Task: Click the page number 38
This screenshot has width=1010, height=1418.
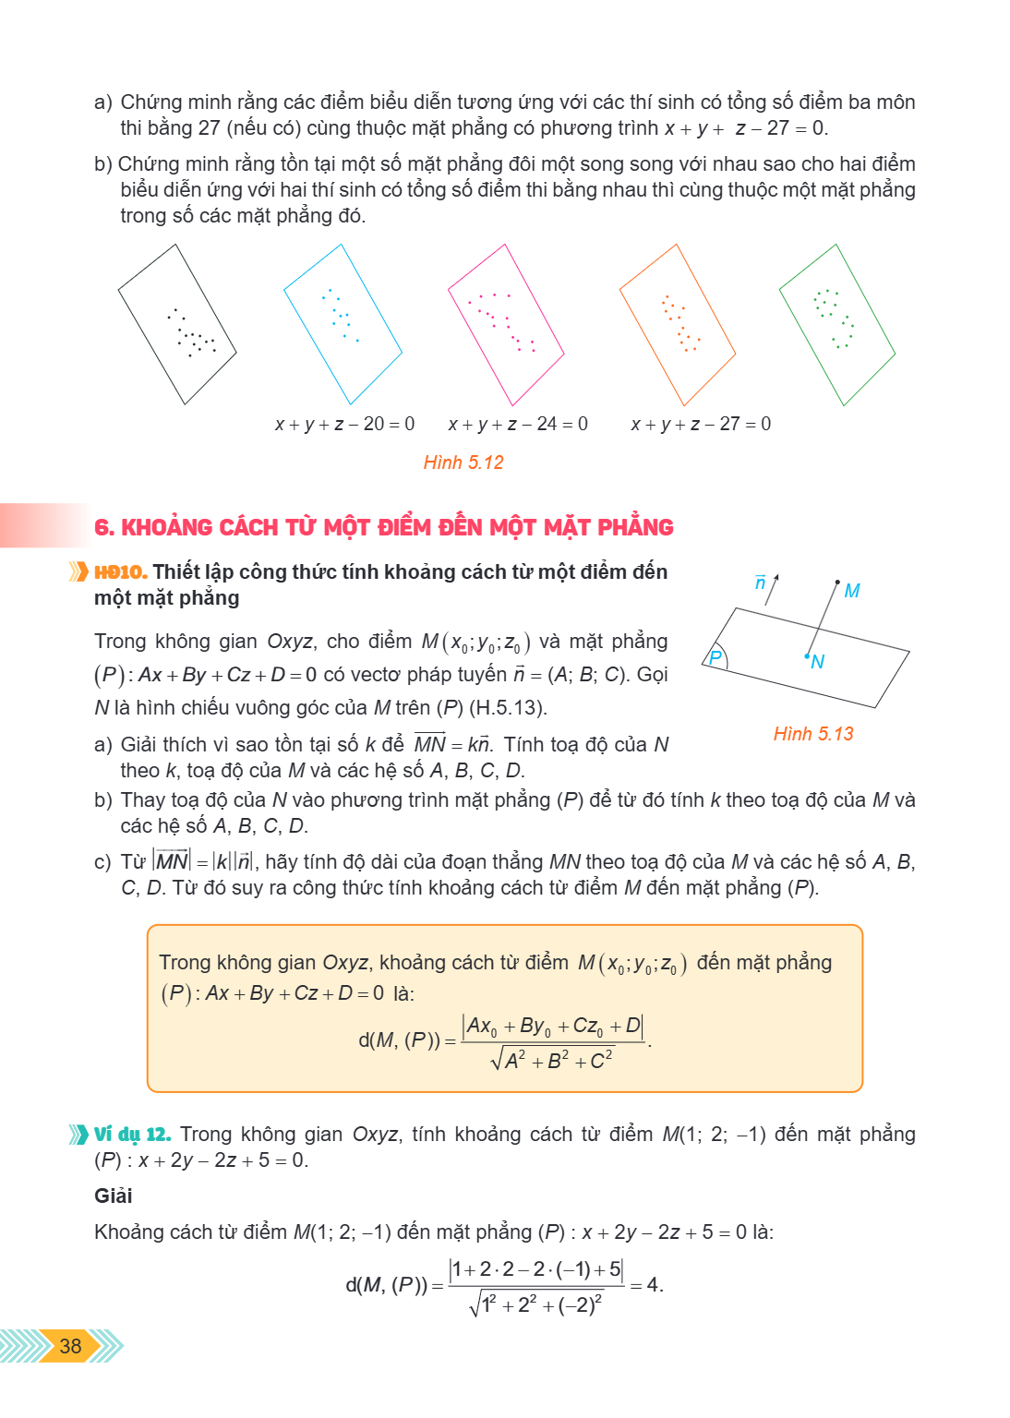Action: [x=70, y=1346]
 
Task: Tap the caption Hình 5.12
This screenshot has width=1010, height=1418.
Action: [x=463, y=463]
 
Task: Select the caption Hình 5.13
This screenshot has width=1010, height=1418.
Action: [x=813, y=734]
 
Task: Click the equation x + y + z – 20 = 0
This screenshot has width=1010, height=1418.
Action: [x=344, y=424]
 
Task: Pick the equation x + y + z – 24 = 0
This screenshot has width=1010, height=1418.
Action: [x=518, y=424]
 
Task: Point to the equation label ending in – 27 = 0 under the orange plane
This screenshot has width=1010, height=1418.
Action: [x=701, y=424]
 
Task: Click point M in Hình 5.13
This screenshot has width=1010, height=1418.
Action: [x=837, y=582]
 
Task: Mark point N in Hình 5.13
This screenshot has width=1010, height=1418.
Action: [x=808, y=655]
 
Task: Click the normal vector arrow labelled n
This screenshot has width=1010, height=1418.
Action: [x=771, y=590]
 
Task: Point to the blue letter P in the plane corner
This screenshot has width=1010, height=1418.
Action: [x=715, y=657]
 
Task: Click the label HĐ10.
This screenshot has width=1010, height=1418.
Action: [x=121, y=572]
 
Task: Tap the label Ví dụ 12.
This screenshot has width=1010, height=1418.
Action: [x=132, y=1135]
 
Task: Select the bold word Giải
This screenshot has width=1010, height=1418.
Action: [x=114, y=1196]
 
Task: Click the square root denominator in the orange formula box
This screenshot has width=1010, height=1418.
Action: [x=551, y=1059]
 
